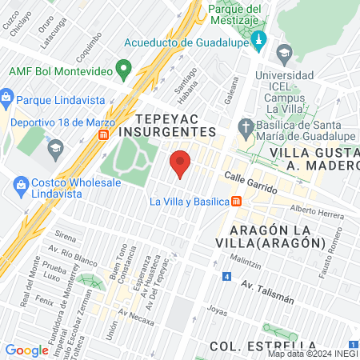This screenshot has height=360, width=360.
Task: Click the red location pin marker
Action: point(181,163)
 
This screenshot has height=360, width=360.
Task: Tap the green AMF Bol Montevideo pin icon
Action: point(123,70)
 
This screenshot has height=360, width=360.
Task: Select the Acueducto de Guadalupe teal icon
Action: point(258,40)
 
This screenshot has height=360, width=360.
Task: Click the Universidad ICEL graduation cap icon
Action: point(284,54)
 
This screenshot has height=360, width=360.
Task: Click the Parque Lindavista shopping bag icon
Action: point(6,100)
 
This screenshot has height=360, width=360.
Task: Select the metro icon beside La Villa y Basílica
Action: point(236,202)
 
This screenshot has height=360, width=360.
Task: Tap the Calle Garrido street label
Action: point(250,183)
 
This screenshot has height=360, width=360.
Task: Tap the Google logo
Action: point(27,350)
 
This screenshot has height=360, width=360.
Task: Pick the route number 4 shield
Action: point(226,278)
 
